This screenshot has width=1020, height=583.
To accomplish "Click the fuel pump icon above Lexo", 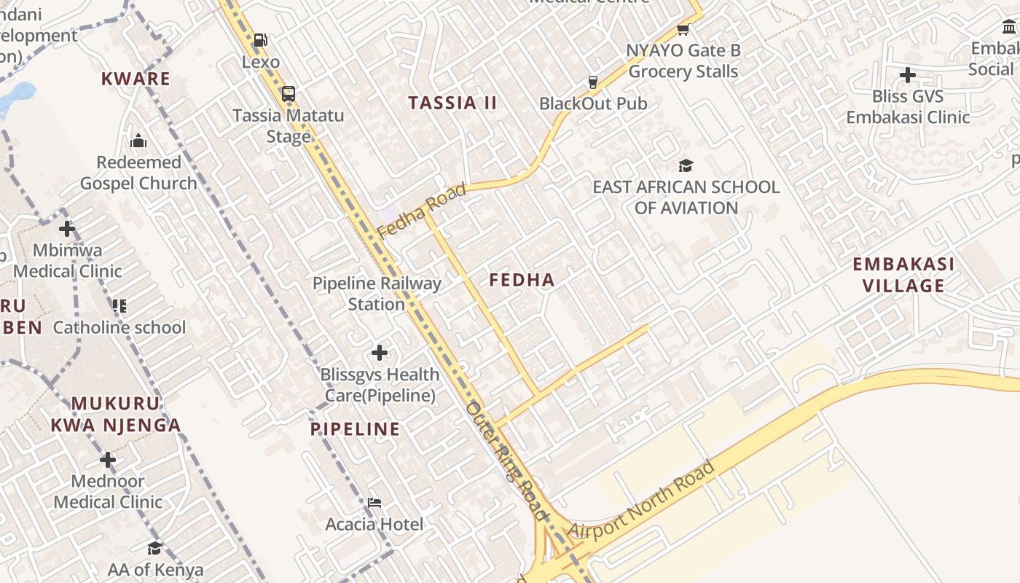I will (260, 40).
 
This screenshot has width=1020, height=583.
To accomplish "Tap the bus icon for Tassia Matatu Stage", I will (289, 93).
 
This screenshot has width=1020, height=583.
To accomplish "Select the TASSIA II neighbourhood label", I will (452, 103).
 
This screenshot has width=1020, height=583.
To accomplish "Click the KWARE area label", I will (136, 79).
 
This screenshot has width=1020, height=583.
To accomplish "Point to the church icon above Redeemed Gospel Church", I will (138, 141).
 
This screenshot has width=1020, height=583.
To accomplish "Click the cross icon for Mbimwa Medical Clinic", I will (67, 229).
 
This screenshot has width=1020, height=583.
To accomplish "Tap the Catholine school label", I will (119, 327).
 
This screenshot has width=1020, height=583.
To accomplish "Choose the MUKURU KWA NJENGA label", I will (116, 414).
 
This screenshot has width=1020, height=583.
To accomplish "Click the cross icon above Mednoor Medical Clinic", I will (108, 460).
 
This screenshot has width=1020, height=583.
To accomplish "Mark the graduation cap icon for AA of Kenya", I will (154, 548).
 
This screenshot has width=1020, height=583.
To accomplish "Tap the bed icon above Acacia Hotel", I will (374, 503).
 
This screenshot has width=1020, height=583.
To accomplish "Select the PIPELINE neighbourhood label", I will (356, 429).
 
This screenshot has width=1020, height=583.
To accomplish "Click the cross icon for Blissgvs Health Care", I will (380, 353).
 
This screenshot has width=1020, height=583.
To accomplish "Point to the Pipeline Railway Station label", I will (377, 294).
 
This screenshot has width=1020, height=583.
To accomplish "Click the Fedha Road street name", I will (422, 211).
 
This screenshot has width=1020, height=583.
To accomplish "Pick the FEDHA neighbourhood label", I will (522, 280).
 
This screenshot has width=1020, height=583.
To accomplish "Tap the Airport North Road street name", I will (641, 500).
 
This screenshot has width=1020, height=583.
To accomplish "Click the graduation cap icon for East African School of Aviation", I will (686, 166).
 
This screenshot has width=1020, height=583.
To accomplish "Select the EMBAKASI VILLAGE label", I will (903, 275).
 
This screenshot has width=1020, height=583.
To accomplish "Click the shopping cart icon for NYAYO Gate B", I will (683, 29).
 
